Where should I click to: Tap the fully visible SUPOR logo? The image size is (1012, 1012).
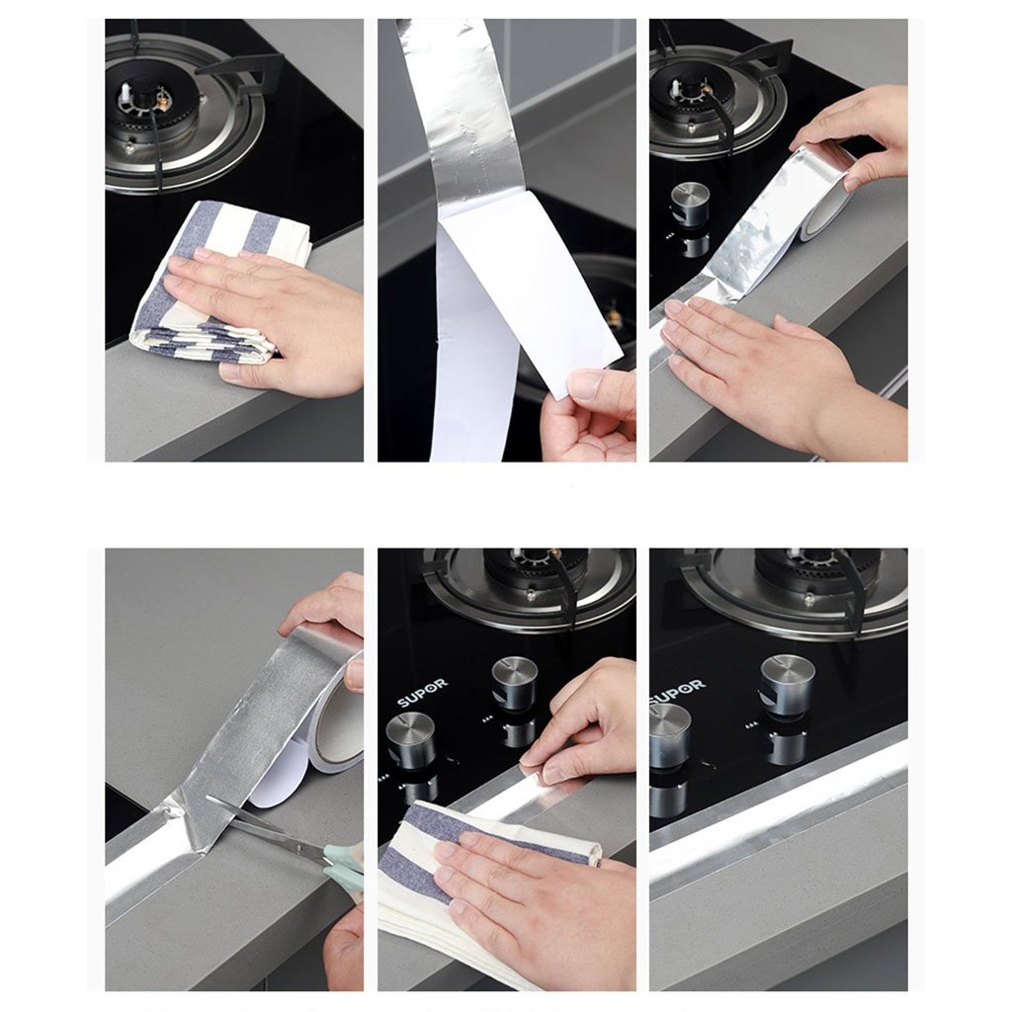(422, 692)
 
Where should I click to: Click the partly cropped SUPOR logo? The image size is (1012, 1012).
(677, 691)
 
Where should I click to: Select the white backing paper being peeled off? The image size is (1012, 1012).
(516, 309)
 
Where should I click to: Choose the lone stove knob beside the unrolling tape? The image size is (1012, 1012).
(691, 207)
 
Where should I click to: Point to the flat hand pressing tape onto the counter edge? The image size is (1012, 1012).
(775, 368)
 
